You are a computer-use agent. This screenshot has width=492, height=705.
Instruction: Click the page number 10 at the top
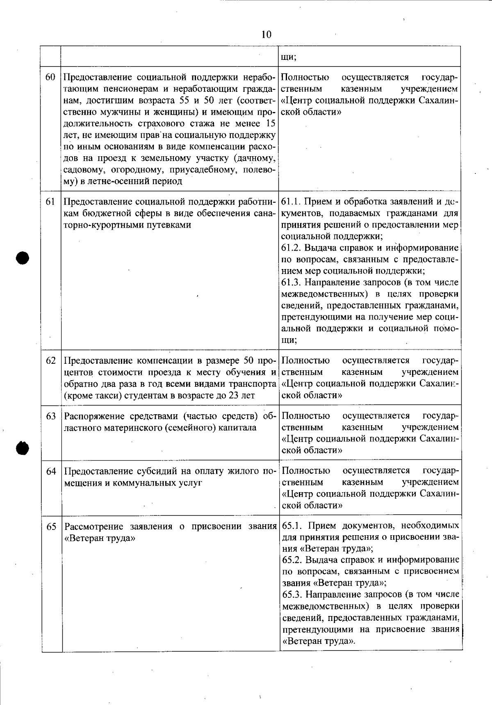pos(266,34)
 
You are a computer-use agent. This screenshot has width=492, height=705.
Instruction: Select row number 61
pos(50,202)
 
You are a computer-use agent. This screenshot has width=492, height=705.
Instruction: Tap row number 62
pos(51,361)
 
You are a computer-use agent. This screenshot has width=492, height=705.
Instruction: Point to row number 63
pos(51,416)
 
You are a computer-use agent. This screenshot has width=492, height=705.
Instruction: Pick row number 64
pos(51,471)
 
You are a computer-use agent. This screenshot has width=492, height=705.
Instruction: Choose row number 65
pos(51,527)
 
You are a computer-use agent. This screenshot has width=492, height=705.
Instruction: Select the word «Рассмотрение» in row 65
pos(94,527)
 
